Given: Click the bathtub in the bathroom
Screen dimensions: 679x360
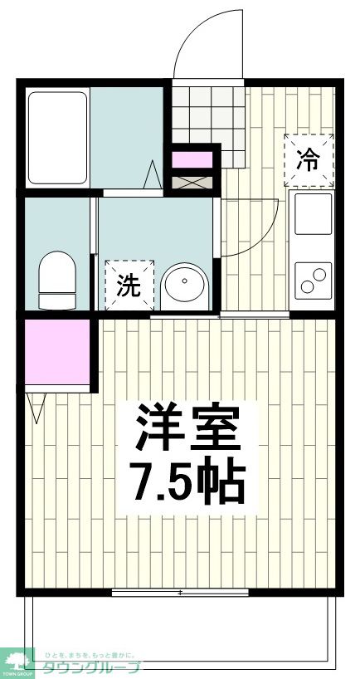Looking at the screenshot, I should click(x=58, y=139).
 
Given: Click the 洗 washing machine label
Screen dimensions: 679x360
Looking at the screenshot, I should click(x=129, y=286).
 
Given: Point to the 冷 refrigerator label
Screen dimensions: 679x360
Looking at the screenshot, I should click(x=308, y=159).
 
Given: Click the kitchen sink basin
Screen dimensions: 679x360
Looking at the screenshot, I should click(x=312, y=215).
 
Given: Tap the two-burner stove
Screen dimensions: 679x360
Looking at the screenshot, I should click(x=313, y=281).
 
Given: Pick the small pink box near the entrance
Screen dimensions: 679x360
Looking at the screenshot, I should click(x=192, y=158).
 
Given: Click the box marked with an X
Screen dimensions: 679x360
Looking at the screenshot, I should click(x=192, y=179).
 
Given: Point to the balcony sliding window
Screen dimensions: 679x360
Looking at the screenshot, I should click(x=180, y=592).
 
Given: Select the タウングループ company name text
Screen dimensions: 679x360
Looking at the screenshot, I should click(x=91, y=667).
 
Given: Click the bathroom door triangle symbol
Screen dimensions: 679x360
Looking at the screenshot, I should click(x=153, y=176).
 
